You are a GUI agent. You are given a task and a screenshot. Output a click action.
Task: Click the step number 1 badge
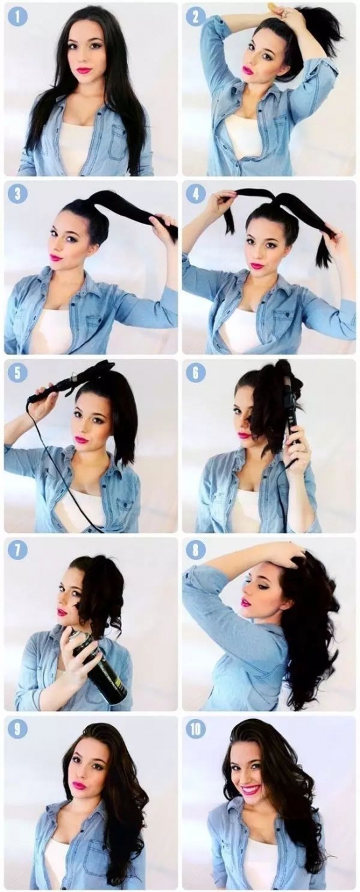coord(16,16)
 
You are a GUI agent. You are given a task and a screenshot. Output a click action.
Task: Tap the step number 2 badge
coord(195,16)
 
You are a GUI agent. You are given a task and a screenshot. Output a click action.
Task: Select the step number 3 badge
coord(16,194)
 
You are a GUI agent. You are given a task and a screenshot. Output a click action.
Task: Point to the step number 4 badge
coord(195,194)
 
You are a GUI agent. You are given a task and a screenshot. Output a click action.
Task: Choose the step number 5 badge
coord(16,373)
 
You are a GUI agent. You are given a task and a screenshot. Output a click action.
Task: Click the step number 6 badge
coord(195,373)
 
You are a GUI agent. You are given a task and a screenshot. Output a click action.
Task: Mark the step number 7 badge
coord(16,551)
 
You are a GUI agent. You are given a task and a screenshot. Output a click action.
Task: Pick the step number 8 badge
coord(195,551)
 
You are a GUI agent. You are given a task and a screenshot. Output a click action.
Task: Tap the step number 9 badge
coord(16,729)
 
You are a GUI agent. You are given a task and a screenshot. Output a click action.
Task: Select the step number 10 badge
coord(195,729)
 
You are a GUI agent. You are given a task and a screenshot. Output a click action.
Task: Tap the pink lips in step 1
coord(85,71)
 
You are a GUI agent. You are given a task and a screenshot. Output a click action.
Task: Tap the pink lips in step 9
coord(79,786)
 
